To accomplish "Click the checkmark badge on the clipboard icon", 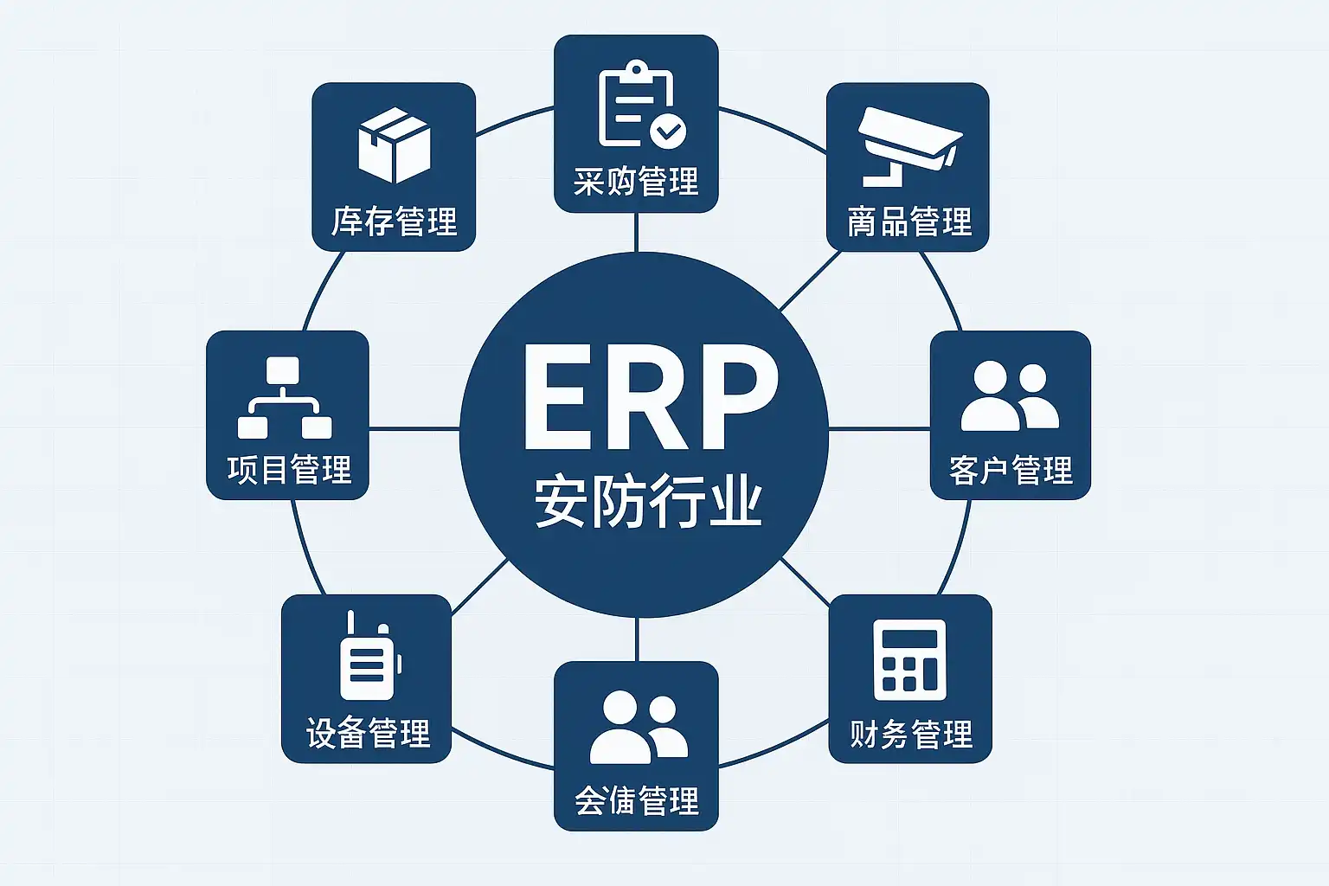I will click(668, 132).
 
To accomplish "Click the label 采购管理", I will click(636, 183).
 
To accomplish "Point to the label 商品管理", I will click(909, 221).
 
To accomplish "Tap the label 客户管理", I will click(1010, 470).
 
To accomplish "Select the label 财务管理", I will click(911, 734).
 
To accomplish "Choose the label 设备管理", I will click(369, 733).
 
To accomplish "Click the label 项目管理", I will click(289, 470).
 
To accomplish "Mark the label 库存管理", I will click(394, 221).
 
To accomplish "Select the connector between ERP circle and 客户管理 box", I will click(879, 428).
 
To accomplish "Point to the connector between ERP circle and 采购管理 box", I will click(636, 231).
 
